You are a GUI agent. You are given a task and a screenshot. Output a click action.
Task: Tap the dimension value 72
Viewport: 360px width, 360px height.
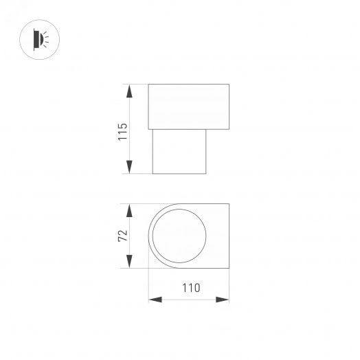123,236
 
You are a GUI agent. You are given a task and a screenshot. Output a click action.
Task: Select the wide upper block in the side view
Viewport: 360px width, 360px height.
188,106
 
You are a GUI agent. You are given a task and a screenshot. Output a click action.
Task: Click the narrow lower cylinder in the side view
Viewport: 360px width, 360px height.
179,150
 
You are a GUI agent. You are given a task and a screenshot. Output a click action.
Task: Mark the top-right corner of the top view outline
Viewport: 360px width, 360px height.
229,204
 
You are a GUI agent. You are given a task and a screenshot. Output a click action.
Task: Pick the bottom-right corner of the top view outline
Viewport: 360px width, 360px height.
229,269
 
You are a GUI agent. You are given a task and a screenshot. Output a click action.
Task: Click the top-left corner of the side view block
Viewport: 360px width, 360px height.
149,85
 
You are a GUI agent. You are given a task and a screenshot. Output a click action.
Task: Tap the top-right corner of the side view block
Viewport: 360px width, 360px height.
228,85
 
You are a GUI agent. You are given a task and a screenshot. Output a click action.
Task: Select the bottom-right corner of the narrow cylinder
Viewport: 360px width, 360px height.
206,174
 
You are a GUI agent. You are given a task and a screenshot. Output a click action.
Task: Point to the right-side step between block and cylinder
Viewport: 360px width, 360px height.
217,128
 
